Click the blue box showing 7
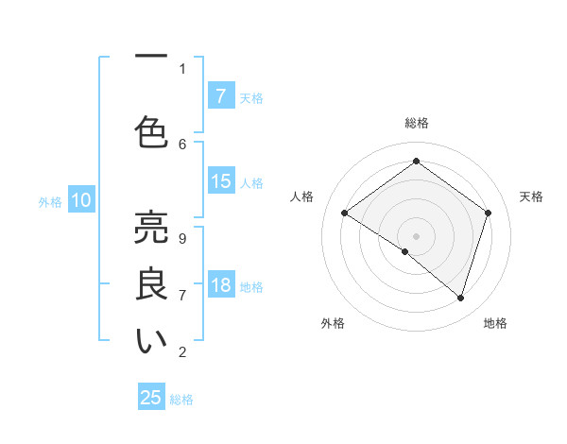click(x=221, y=96)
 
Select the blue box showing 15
click(x=221, y=182)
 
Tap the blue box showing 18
click(x=221, y=286)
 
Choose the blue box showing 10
click(x=81, y=200)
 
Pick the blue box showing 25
click(x=151, y=398)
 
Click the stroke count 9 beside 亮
click(x=182, y=238)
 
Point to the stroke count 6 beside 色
click(x=182, y=144)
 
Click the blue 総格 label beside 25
click(x=181, y=400)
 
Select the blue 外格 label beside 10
click(x=50, y=202)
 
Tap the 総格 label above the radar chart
click(x=416, y=123)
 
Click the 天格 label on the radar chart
click(x=531, y=196)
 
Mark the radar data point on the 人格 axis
click(x=345, y=213)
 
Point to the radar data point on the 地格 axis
click(x=460, y=298)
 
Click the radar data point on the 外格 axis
click(x=405, y=251)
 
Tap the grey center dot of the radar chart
click(x=416, y=235)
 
